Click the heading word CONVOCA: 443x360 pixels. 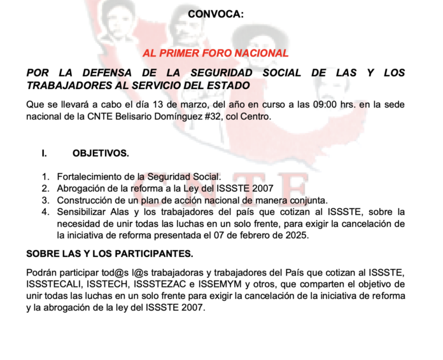(x=216, y=14)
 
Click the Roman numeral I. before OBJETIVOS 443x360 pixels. (x=45, y=153)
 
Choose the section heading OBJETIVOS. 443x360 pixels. (x=101, y=153)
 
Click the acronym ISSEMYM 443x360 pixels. (x=218, y=284)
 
